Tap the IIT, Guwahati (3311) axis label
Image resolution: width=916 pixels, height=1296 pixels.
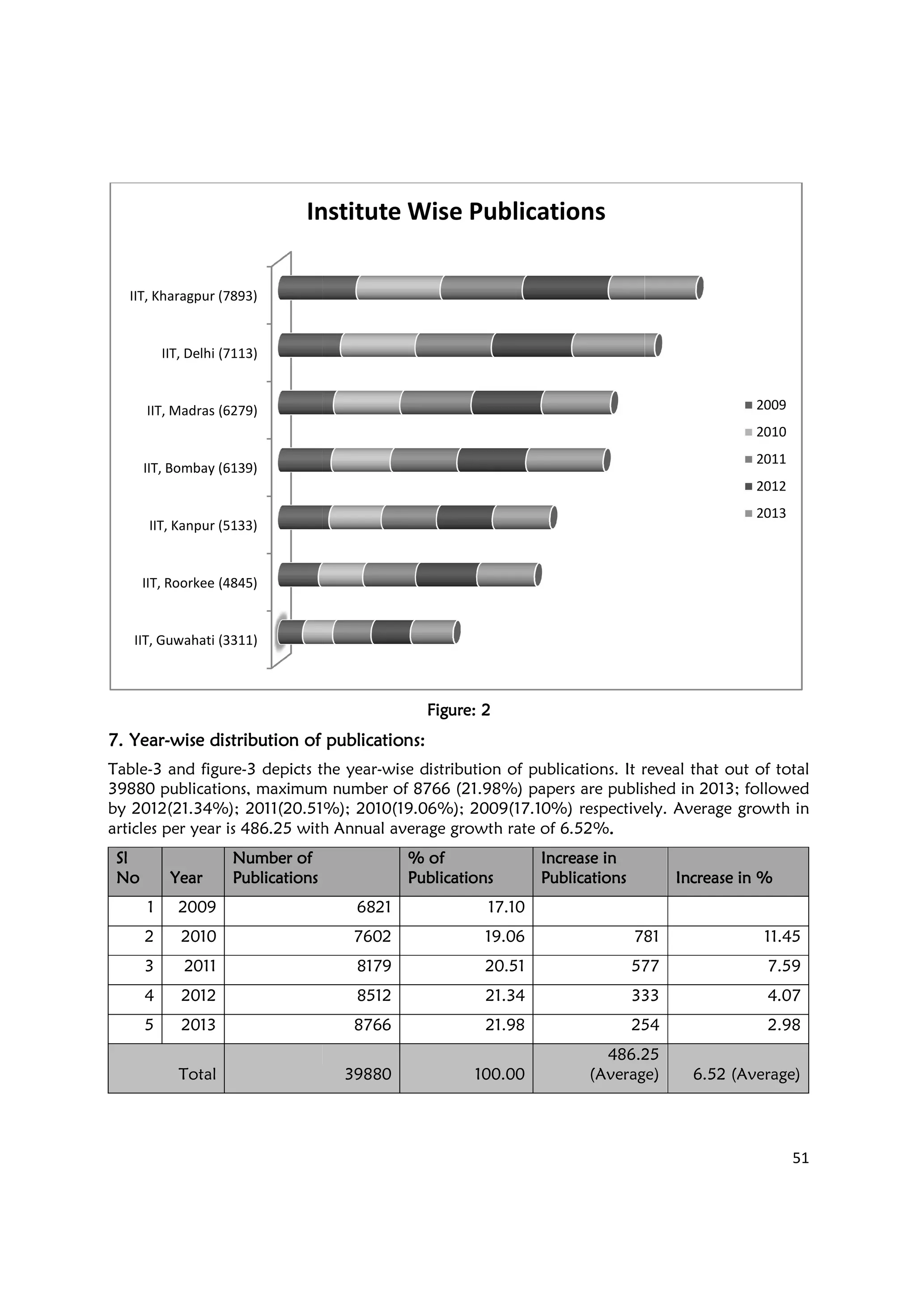(195, 640)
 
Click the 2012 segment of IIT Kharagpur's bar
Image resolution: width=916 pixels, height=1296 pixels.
(565, 288)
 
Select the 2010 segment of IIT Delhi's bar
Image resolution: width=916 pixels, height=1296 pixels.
(378, 345)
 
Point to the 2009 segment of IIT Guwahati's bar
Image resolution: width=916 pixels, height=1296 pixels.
(291, 631)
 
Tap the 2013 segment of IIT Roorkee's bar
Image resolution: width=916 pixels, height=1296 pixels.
(506, 575)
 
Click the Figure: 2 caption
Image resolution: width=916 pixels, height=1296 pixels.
(458, 710)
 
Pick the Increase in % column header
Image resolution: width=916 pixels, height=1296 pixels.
(724, 878)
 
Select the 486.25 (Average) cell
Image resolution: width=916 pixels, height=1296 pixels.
(624, 1064)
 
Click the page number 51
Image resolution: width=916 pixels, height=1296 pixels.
(800, 1158)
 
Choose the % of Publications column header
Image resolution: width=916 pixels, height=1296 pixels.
(450, 868)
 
